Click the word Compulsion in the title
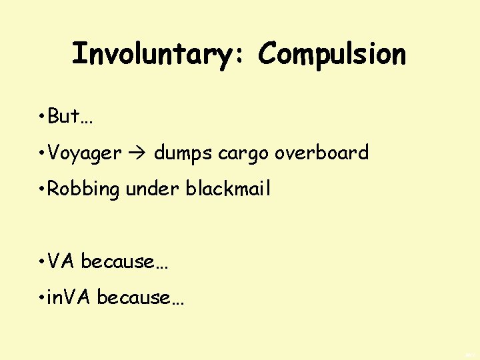click(x=332, y=54)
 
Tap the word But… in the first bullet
click(x=71, y=117)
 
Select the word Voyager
click(x=85, y=153)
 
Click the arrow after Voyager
click(x=138, y=153)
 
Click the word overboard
click(x=322, y=153)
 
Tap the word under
click(x=153, y=189)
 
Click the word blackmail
click(x=229, y=189)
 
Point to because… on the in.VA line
click(x=141, y=297)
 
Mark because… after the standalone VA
click(x=125, y=261)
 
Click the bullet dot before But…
click(x=41, y=117)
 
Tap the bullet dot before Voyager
click(x=41, y=153)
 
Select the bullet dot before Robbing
click(x=41, y=189)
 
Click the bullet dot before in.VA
click(x=41, y=298)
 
